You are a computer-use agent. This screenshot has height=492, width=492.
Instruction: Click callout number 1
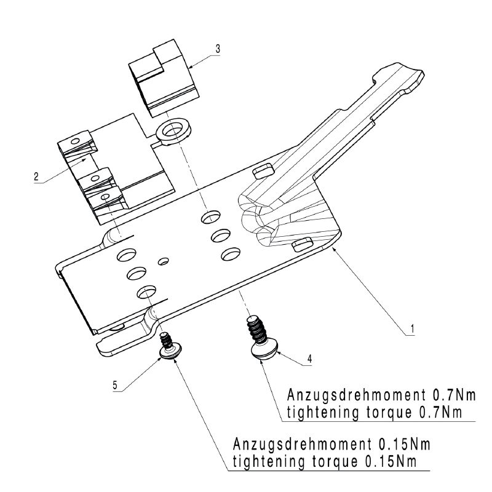tap(413, 328)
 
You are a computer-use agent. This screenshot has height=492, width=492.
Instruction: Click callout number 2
tap(36, 177)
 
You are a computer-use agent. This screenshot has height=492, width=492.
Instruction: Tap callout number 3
tap(218, 49)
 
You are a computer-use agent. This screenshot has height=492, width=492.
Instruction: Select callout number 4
tap(310, 359)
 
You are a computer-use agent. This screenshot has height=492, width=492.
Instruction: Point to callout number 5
tap(115, 385)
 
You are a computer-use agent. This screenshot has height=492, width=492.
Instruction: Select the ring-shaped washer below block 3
tap(173, 132)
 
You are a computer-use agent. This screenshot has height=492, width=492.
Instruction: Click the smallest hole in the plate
tap(163, 261)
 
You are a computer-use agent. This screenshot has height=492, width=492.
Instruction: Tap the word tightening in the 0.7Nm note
tap(322, 413)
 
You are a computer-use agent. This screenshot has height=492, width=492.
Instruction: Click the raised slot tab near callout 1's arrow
tap(302, 244)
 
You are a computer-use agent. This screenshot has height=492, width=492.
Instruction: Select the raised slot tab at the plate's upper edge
tap(263, 171)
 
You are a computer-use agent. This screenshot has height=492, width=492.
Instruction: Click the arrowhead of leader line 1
tap(334, 248)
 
